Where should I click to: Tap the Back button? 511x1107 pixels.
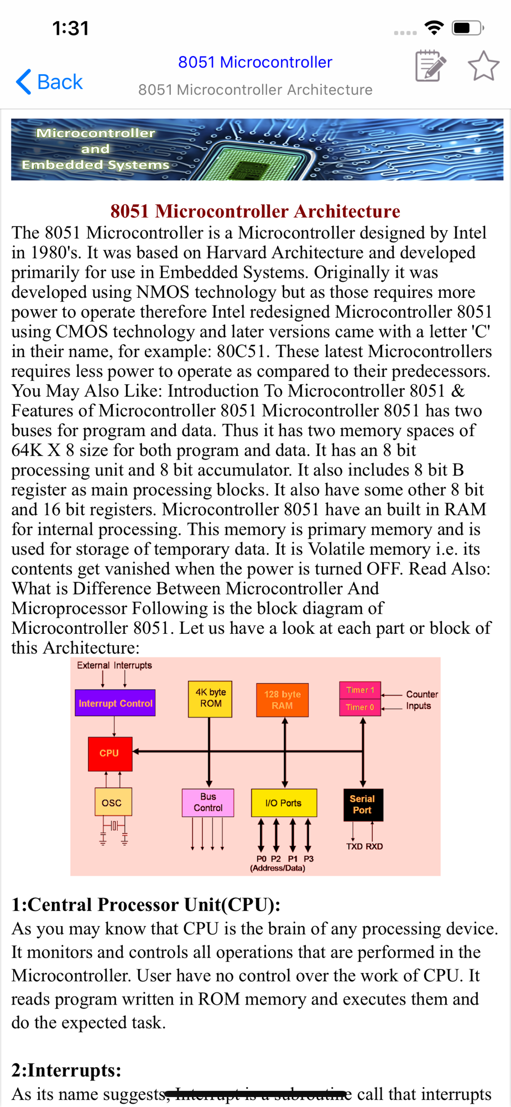point(50,82)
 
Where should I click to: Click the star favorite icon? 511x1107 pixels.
point(483,66)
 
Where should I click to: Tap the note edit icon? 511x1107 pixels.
point(430,66)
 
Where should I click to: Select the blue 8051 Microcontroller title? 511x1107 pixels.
point(255,62)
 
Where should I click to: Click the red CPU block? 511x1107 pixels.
point(109,753)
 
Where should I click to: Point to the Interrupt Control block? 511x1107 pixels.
point(115,703)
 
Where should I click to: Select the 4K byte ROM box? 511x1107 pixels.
point(210,699)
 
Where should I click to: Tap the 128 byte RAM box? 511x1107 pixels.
point(282,700)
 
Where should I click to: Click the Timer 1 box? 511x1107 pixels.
point(360,690)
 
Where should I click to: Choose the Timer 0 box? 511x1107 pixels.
point(360,707)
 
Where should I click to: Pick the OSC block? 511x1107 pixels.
point(112,803)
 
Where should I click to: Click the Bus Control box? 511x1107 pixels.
point(208,803)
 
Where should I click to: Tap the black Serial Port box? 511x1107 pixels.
point(362,804)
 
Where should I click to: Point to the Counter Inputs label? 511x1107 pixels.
point(421,700)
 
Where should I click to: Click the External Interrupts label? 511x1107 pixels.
point(114,665)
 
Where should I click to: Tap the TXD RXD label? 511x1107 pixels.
point(364,846)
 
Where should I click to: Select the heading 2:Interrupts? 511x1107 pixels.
point(66,1070)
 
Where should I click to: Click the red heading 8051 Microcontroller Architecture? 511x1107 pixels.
point(255,211)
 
